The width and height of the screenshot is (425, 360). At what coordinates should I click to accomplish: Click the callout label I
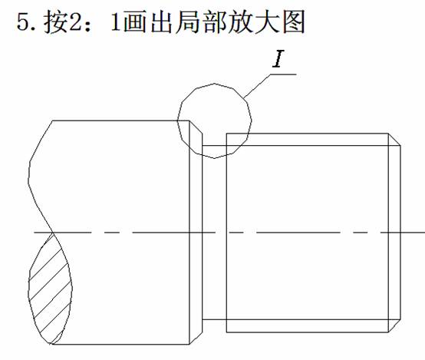[278, 59]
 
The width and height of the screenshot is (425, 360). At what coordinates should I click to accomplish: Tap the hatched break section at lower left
[50, 288]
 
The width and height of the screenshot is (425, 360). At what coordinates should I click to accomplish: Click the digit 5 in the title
[22, 21]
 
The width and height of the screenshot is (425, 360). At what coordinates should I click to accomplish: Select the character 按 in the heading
[55, 21]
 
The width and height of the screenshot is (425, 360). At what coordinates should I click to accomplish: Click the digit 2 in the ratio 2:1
[75, 21]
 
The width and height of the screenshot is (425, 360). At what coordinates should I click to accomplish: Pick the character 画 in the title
[134, 21]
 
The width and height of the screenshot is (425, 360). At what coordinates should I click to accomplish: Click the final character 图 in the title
[294, 21]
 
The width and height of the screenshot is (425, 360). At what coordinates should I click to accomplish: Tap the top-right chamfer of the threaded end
[394, 140]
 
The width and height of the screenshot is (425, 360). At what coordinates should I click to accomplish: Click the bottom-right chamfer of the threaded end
[394, 325]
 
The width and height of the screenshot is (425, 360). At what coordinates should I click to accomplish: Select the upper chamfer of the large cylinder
[196, 127]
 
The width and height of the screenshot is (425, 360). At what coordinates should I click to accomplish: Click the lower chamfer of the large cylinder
[196, 338]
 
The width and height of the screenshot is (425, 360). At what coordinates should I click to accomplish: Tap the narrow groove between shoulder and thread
[214, 233]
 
